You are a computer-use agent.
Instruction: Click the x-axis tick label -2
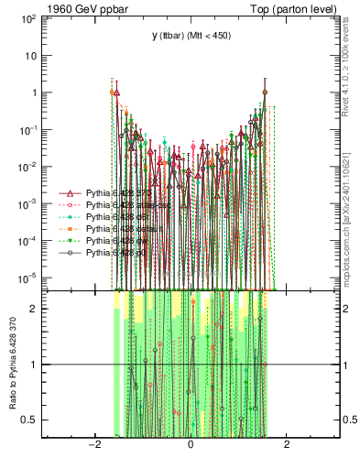(x=93, y=445)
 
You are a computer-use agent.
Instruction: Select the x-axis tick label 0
(x=191, y=445)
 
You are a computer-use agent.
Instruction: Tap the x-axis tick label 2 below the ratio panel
(x=287, y=445)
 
